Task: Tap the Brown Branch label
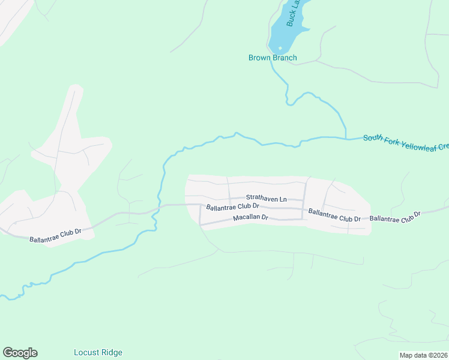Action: click(x=273, y=58)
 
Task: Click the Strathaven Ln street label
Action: click(x=267, y=198)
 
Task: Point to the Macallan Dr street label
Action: click(x=250, y=218)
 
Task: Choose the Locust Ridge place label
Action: click(x=98, y=353)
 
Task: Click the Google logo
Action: click(x=20, y=353)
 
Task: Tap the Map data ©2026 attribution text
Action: click(x=423, y=355)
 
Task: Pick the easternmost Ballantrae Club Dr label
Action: click(x=395, y=216)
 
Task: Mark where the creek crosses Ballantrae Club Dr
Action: click(x=159, y=206)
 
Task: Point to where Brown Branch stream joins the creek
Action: click(x=346, y=138)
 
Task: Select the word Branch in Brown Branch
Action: click(x=285, y=58)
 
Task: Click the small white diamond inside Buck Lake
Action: click(x=280, y=47)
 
